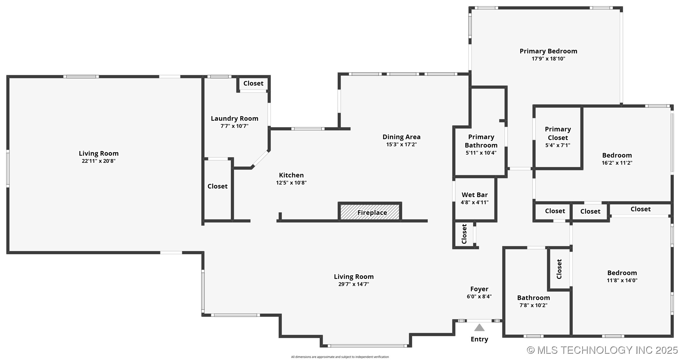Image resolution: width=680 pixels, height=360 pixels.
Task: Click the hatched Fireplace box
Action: pos(370,212)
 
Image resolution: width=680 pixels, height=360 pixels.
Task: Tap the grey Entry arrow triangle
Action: pos(479,328)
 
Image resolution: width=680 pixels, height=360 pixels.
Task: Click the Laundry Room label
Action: pos(235,119)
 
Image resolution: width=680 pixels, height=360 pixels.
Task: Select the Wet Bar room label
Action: pos(475,195)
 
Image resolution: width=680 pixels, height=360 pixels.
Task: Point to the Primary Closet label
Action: pos(558,133)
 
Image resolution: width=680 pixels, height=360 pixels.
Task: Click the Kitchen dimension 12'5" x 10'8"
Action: pos(291,183)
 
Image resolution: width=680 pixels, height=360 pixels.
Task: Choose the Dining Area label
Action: pos(401,137)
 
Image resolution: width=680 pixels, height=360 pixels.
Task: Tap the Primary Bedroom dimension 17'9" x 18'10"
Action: pos(548,59)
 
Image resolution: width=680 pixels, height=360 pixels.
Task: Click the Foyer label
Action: pos(479,289)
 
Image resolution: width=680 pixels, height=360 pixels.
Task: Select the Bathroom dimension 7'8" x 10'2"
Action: pos(534,305)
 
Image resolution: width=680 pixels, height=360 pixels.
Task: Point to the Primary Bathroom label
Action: pos(481,141)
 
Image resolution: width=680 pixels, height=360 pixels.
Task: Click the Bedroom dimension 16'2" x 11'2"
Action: pos(617,163)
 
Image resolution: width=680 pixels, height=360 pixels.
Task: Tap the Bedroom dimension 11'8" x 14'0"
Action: pos(622,280)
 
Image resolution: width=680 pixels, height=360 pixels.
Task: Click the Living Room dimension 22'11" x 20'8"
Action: pos(99,161)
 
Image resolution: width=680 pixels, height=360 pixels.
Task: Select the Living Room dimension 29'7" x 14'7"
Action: pos(354,284)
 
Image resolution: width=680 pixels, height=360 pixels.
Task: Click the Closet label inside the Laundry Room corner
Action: pos(253,83)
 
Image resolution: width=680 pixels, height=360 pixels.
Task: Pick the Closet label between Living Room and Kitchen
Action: pos(217,186)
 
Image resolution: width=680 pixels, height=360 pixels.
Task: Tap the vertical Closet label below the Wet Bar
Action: pos(464,234)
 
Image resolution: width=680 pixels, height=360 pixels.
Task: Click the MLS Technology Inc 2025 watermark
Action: pos(602,350)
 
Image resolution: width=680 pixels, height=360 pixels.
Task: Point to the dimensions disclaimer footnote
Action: pos(340,357)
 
